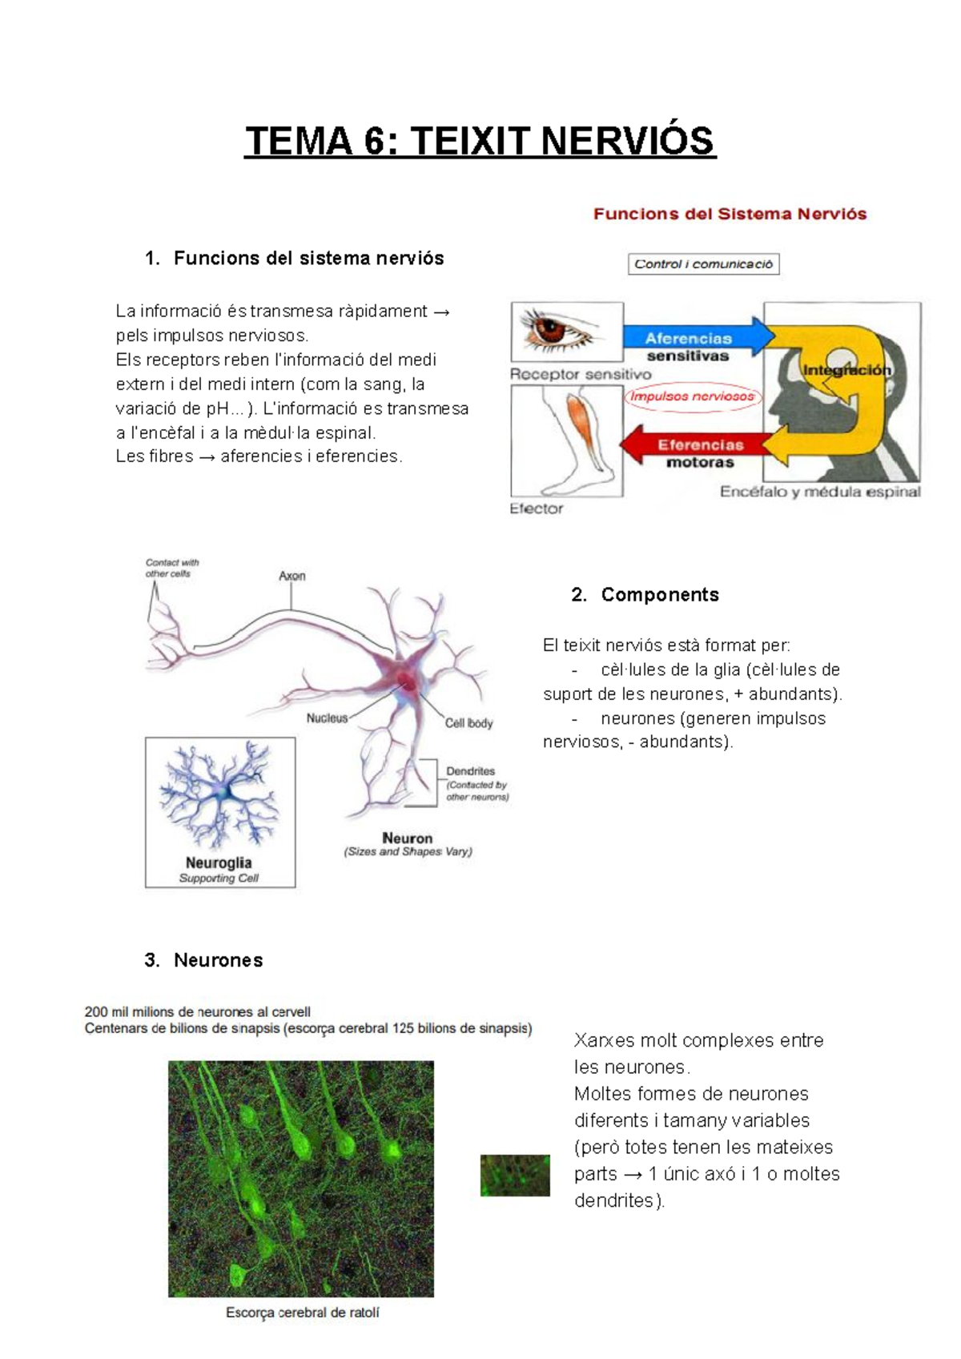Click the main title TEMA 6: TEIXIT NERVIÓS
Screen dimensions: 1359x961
point(480,141)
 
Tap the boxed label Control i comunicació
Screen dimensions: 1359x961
point(703,264)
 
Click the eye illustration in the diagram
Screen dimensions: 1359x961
point(567,331)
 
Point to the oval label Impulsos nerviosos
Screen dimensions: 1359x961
point(692,396)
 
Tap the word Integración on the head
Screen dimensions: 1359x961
point(846,371)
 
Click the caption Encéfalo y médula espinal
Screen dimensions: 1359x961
point(819,492)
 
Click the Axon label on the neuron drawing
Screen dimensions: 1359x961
point(292,576)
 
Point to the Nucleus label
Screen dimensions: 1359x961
point(327,718)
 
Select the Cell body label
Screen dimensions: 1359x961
point(469,723)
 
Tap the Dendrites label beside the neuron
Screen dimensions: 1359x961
point(471,771)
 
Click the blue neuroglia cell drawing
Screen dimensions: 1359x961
point(219,795)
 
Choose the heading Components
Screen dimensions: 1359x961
point(659,594)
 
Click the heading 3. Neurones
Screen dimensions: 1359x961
point(204,960)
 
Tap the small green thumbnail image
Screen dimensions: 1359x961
point(515,1175)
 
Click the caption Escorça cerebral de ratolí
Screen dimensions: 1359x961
point(302,1313)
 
